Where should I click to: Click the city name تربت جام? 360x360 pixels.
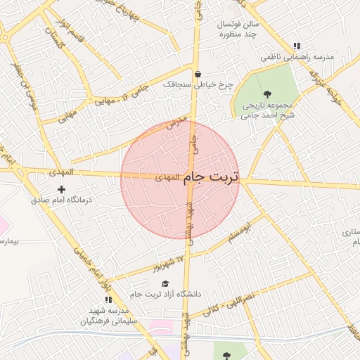[x=211, y=179]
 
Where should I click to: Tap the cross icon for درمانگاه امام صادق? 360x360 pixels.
[x=62, y=189]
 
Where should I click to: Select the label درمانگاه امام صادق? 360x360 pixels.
[x=62, y=200]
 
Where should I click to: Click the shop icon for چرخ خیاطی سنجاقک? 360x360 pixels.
[x=198, y=74]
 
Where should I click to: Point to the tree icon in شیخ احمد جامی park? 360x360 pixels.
[x=267, y=94]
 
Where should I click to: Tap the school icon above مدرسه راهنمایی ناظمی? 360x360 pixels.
[x=297, y=46]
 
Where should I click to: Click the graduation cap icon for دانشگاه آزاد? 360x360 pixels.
[x=165, y=283]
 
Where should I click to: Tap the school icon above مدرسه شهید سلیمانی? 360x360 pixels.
[x=108, y=300]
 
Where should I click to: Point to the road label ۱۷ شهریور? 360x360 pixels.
[x=169, y=264]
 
